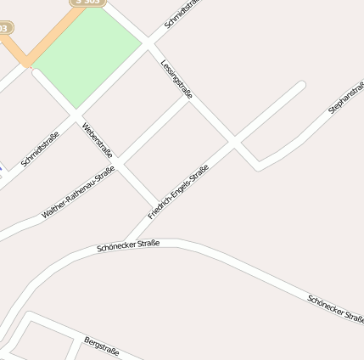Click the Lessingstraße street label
pos(176,79)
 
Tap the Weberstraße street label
pos(98,140)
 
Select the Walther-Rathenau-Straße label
pos(78,194)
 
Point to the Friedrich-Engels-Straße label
pos(178,192)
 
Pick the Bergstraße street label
pos(101,346)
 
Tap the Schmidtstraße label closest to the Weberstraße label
pos(40,149)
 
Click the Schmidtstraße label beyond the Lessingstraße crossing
pos(182,14)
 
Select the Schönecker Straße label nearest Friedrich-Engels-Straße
pos(128,246)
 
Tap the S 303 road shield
pos(86,3)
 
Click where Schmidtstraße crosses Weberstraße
pos(76,113)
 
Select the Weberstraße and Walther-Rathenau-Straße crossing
pos(118,161)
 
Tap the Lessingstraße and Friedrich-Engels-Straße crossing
pos(236,141)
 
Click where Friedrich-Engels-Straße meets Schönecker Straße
pos(129,240)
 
